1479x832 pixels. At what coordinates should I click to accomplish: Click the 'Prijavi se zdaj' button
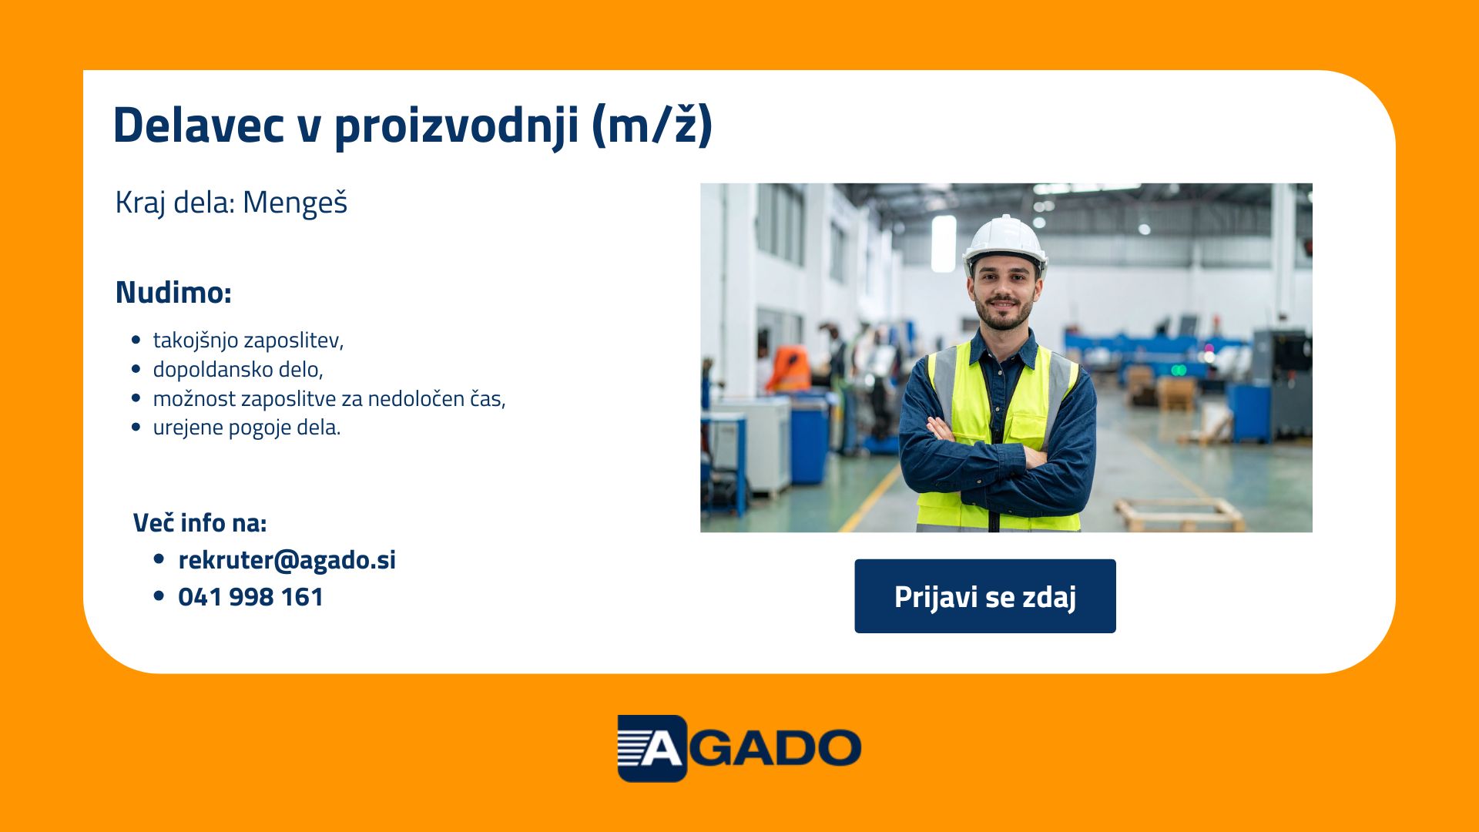(x=984, y=596)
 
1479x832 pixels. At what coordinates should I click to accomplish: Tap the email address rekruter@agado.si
(x=287, y=560)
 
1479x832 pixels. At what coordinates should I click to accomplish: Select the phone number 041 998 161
(x=250, y=597)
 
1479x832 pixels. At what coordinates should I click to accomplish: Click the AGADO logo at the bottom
(x=739, y=748)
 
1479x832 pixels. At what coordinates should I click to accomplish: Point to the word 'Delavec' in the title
(x=198, y=125)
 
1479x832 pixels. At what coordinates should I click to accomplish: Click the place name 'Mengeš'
(x=295, y=203)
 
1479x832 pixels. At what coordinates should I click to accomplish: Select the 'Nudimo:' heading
(x=173, y=293)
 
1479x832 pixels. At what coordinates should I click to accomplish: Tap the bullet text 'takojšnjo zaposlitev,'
(x=248, y=341)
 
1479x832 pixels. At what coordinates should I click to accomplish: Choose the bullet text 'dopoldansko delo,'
(x=238, y=370)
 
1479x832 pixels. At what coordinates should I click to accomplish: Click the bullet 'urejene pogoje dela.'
(x=246, y=428)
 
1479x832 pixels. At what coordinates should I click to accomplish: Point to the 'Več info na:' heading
(x=200, y=523)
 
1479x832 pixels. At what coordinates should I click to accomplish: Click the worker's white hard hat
(x=1004, y=243)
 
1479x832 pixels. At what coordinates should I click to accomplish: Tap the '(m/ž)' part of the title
(x=652, y=125)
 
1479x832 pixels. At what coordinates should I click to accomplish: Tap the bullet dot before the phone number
(x=159, y=596)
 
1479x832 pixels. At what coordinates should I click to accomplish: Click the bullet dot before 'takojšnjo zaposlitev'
(x=136, y=340)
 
